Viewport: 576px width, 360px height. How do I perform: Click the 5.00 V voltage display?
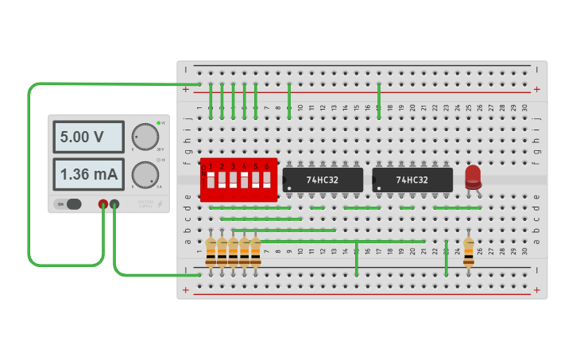point(87,137)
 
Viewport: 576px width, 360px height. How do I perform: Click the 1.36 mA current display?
point(87,174)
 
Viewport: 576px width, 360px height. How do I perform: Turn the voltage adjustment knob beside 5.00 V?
point(144,137)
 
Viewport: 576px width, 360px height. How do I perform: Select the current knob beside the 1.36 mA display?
point(144,174)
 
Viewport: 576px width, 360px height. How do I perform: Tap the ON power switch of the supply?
point(68,204)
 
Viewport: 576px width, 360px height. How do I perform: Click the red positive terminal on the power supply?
point(103,204)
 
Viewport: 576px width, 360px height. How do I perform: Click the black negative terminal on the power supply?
point(115,204)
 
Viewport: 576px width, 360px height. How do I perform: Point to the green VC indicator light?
point(159,123)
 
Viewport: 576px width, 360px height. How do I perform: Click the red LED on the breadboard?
point(473,176)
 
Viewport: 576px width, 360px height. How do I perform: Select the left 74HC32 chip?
point(323,180)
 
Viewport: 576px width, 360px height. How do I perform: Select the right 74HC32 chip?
point(412,180)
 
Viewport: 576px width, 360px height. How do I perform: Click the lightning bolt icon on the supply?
point(160,204)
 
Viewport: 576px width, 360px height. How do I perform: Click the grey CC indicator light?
point(159,161)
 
